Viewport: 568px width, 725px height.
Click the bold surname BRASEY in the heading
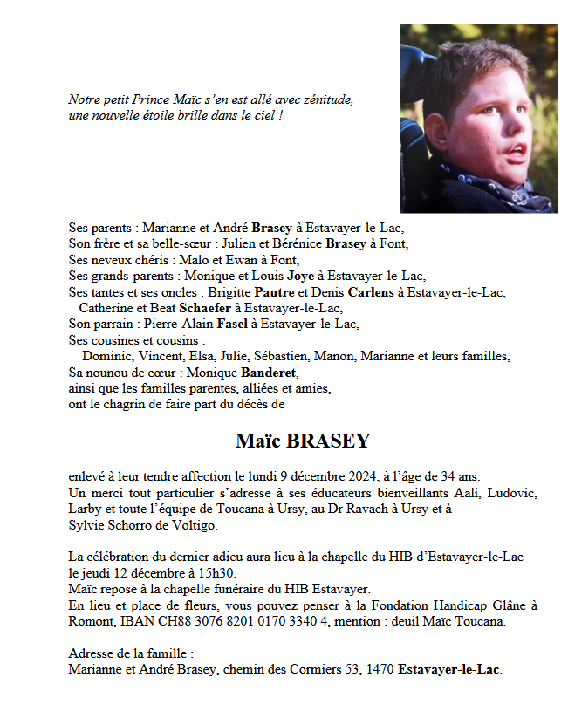pos(325,441)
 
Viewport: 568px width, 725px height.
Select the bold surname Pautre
pos(275,292)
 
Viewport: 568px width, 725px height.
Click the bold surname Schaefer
pos(205,308)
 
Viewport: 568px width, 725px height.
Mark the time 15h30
pos(217,573)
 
